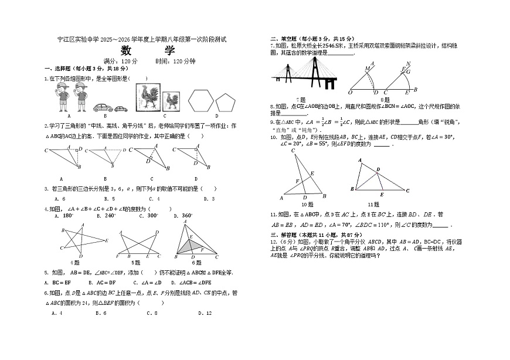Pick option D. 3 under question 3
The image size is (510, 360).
click(x=209, y=199)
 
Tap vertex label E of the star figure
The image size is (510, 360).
click(x=106, y=240)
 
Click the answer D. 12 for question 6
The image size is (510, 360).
click(x=205, y=313)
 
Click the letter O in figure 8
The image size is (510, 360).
click(x=350, y=93)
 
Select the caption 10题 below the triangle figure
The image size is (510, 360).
click(x=304, y=205)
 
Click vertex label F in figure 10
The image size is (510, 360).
click(x=297, y=181)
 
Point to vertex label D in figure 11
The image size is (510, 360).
click(x=378, y=169)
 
